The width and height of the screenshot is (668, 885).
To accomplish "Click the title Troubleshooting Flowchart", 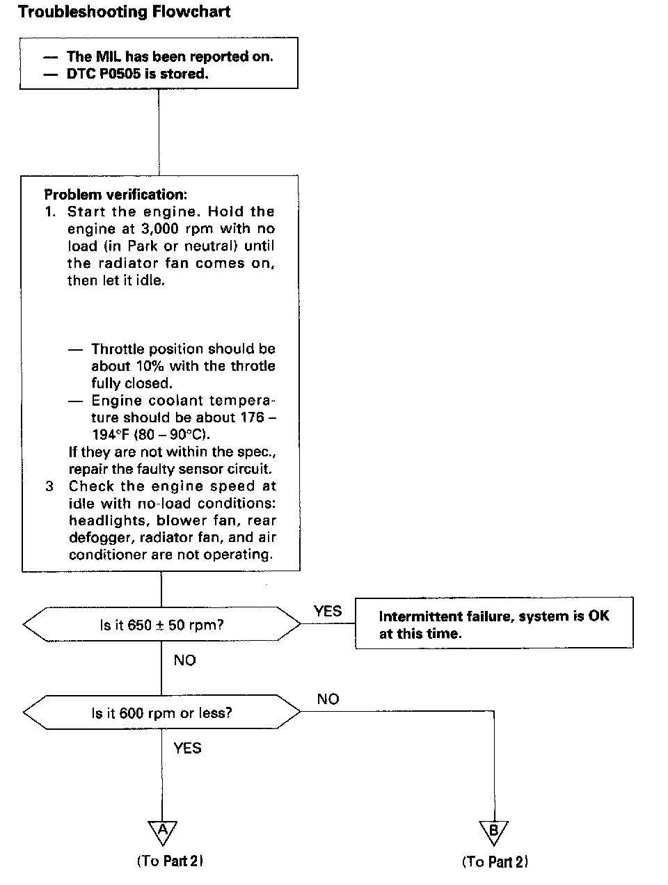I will tap(124, 12).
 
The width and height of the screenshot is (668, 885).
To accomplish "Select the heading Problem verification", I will tap(116, 195).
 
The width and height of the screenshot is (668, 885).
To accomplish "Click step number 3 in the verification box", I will tap(49, 486).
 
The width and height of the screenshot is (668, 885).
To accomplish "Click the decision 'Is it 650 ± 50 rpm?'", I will tap(161, 625).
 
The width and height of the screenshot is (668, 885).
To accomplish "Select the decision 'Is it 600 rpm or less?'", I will tap(161, 713).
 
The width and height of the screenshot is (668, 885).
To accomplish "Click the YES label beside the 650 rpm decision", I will tap(328, 611).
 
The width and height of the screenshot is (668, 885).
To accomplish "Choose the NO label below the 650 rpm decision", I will tap(185, 660).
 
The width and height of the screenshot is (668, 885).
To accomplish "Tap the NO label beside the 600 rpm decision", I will tap(328, 699).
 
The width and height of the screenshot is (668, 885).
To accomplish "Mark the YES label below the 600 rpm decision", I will tap(187, 749).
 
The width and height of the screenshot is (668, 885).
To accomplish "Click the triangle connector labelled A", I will tap(162, 831).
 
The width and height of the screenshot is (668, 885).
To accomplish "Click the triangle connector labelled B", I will tap(493, 831).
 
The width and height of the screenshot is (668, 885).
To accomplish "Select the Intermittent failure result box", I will tap(494, 624).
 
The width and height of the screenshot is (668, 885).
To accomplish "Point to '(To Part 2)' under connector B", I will tap(495, 862).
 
